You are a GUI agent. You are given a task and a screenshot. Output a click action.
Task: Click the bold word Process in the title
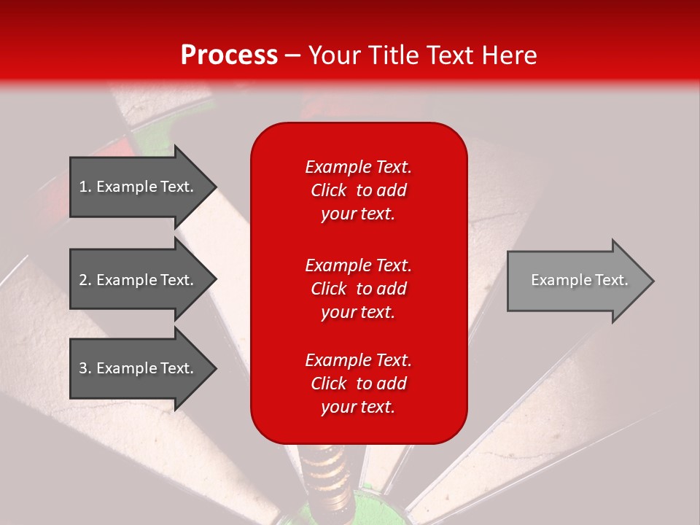tap(229, 55)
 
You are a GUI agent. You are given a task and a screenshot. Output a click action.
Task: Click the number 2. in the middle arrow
tap(85, 280)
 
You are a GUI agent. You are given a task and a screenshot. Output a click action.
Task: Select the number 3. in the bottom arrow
tap(85, 368)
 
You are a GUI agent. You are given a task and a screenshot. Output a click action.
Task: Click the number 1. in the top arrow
tap(85, 187)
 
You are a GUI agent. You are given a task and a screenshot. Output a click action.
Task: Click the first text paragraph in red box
tap(358, 190)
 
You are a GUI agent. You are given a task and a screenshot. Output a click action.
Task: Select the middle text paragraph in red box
tap(358, 289)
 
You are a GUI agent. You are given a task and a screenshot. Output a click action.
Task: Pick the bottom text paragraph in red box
tap(358, 384)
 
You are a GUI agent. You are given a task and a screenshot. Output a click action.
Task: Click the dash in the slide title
tap(292, 55)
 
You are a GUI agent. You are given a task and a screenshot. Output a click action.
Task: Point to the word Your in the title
tap(332, 55)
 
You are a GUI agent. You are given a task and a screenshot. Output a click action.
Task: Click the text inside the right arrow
tap(579, 280)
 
